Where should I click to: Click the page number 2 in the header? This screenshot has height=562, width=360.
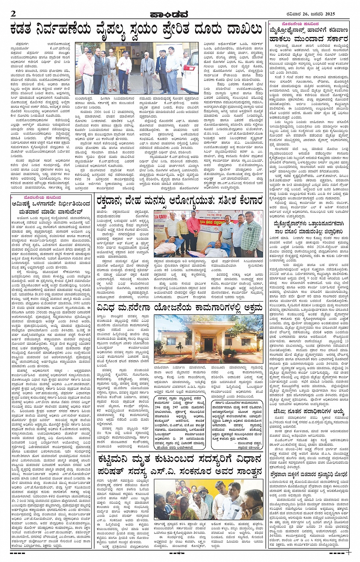[13, 14]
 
